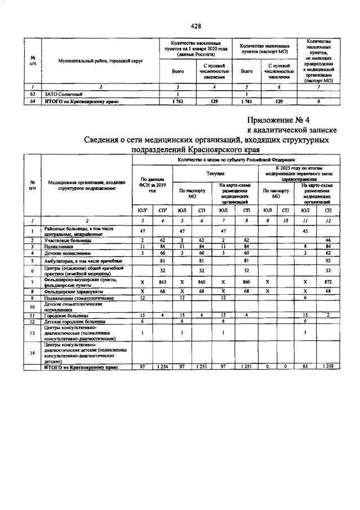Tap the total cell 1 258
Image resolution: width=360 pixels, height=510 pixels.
328,367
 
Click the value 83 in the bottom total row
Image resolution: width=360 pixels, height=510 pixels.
305,367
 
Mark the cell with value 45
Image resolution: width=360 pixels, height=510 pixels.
305,231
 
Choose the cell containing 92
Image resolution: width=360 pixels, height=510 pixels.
328,261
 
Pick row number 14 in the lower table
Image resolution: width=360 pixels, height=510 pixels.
33,352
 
